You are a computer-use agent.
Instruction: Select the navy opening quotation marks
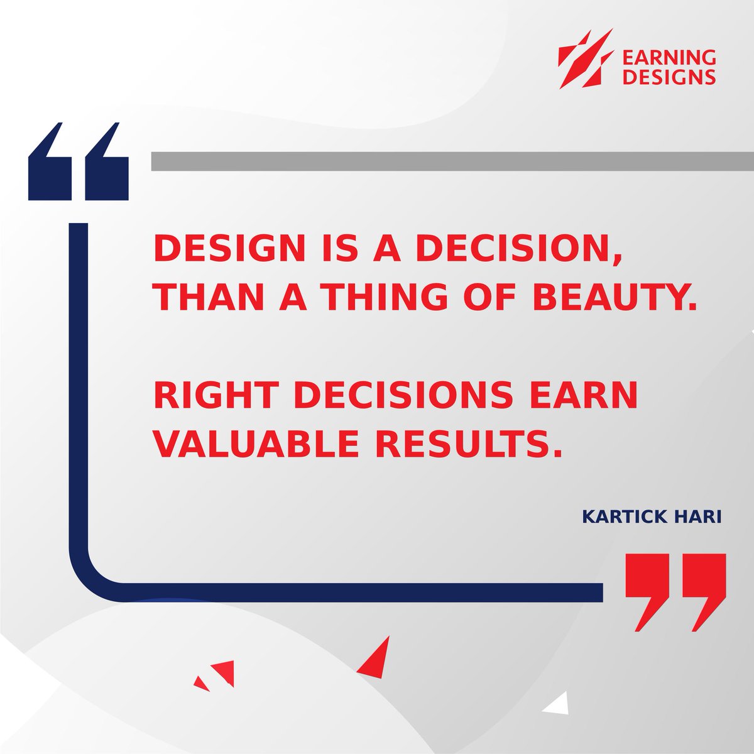click(x=79, y=162)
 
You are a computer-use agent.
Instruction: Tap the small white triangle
click(x=557, y=705)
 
